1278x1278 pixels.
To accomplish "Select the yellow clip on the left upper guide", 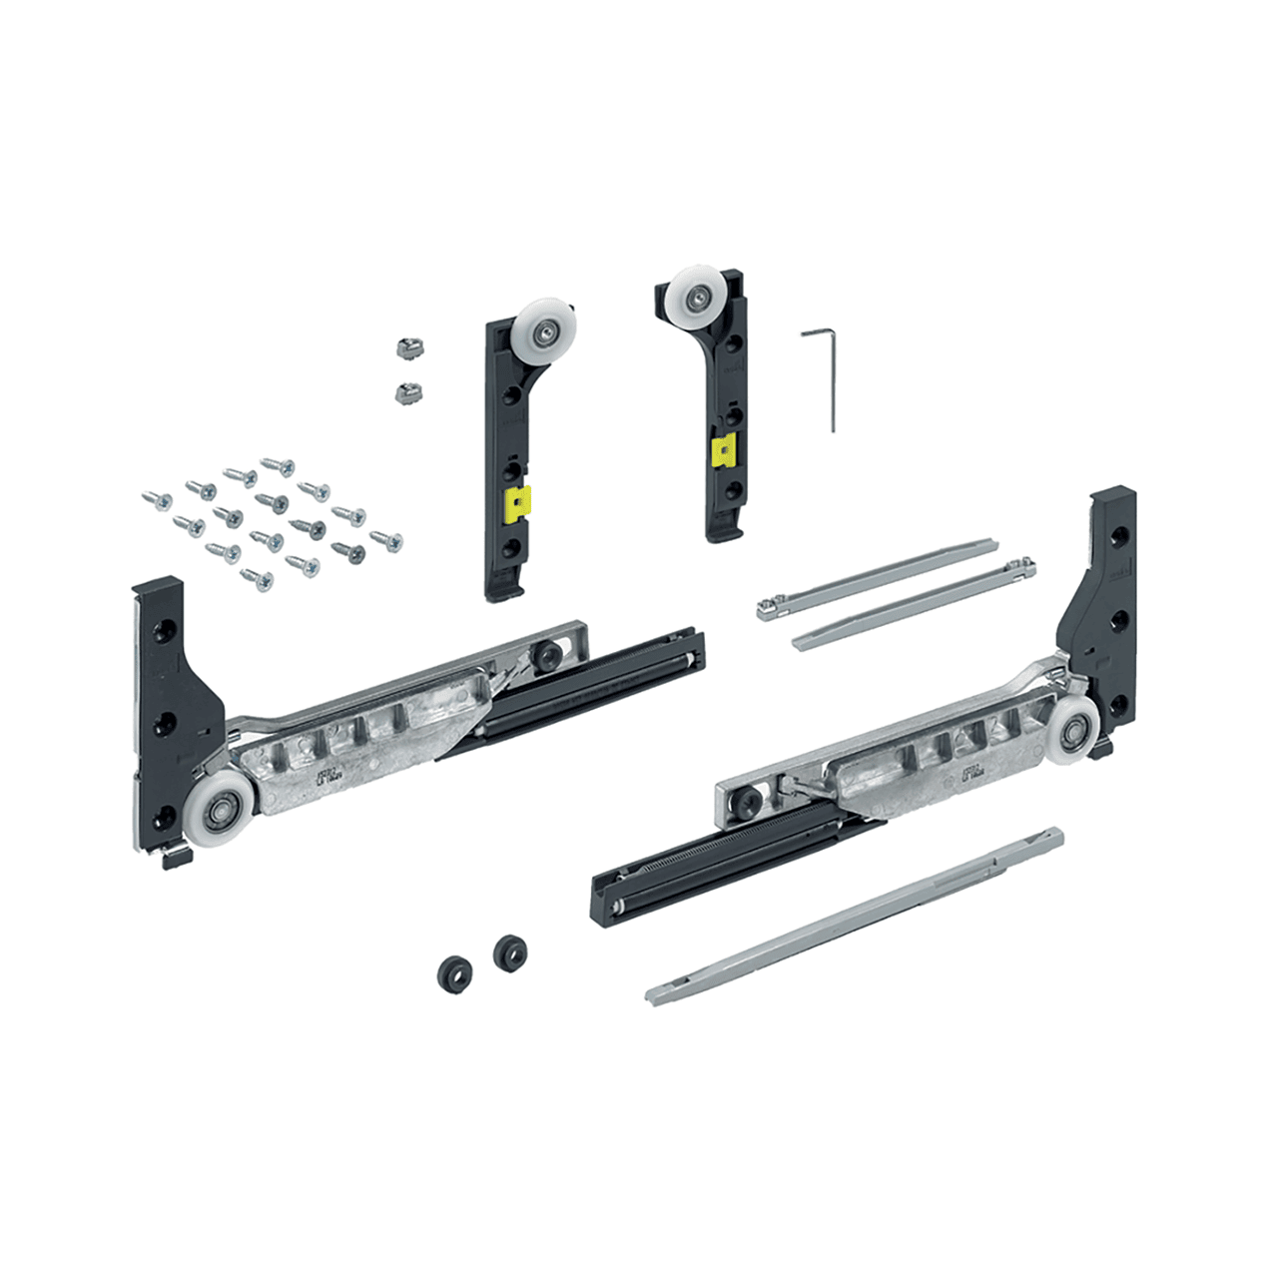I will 518,504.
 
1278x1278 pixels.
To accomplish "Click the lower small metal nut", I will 405,391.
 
